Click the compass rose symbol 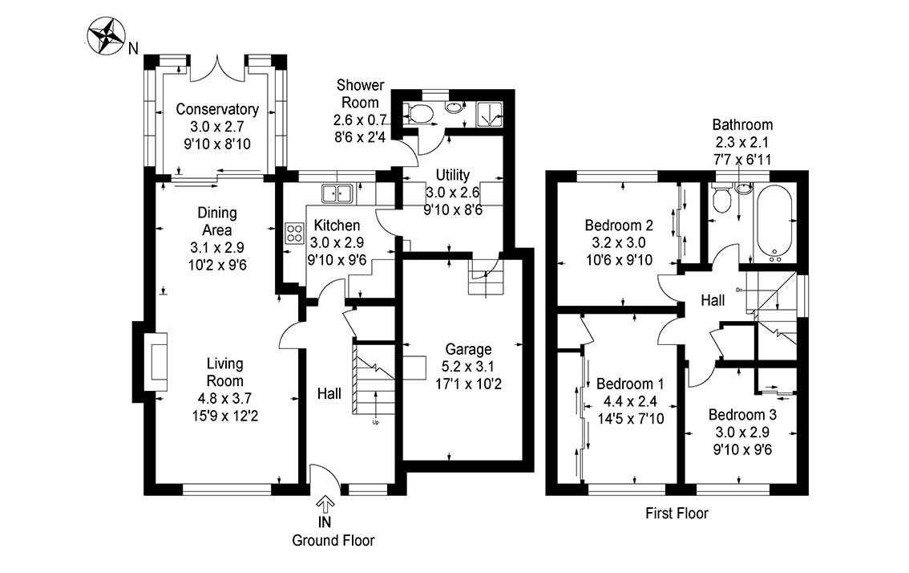(107, 38)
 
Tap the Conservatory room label (217, 110)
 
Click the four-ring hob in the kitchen (294, 234)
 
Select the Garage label (468, 349)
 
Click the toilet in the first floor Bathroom (721, 197)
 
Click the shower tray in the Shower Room (487, 115)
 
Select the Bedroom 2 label (618, 225)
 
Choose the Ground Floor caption (333, 540)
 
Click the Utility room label (453, 175)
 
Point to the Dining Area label (217, 221)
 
